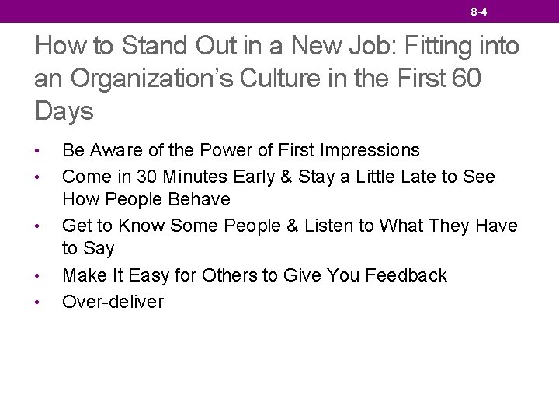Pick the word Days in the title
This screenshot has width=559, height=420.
[x=64, y=111]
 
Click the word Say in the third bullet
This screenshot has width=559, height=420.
[x=99, y=249]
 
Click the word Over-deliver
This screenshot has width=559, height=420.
[x=113, y=302]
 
